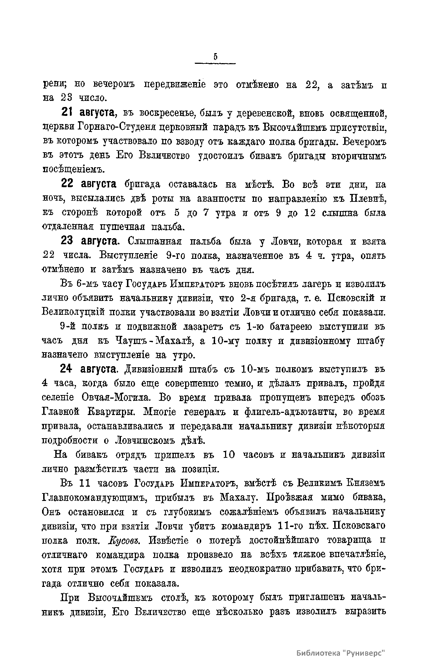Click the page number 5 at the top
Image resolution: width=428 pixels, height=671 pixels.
[x=215, y=57]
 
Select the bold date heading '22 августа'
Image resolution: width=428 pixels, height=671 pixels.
[x=89, y=184]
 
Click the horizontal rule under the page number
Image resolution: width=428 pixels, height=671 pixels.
[x=215, y=64]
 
